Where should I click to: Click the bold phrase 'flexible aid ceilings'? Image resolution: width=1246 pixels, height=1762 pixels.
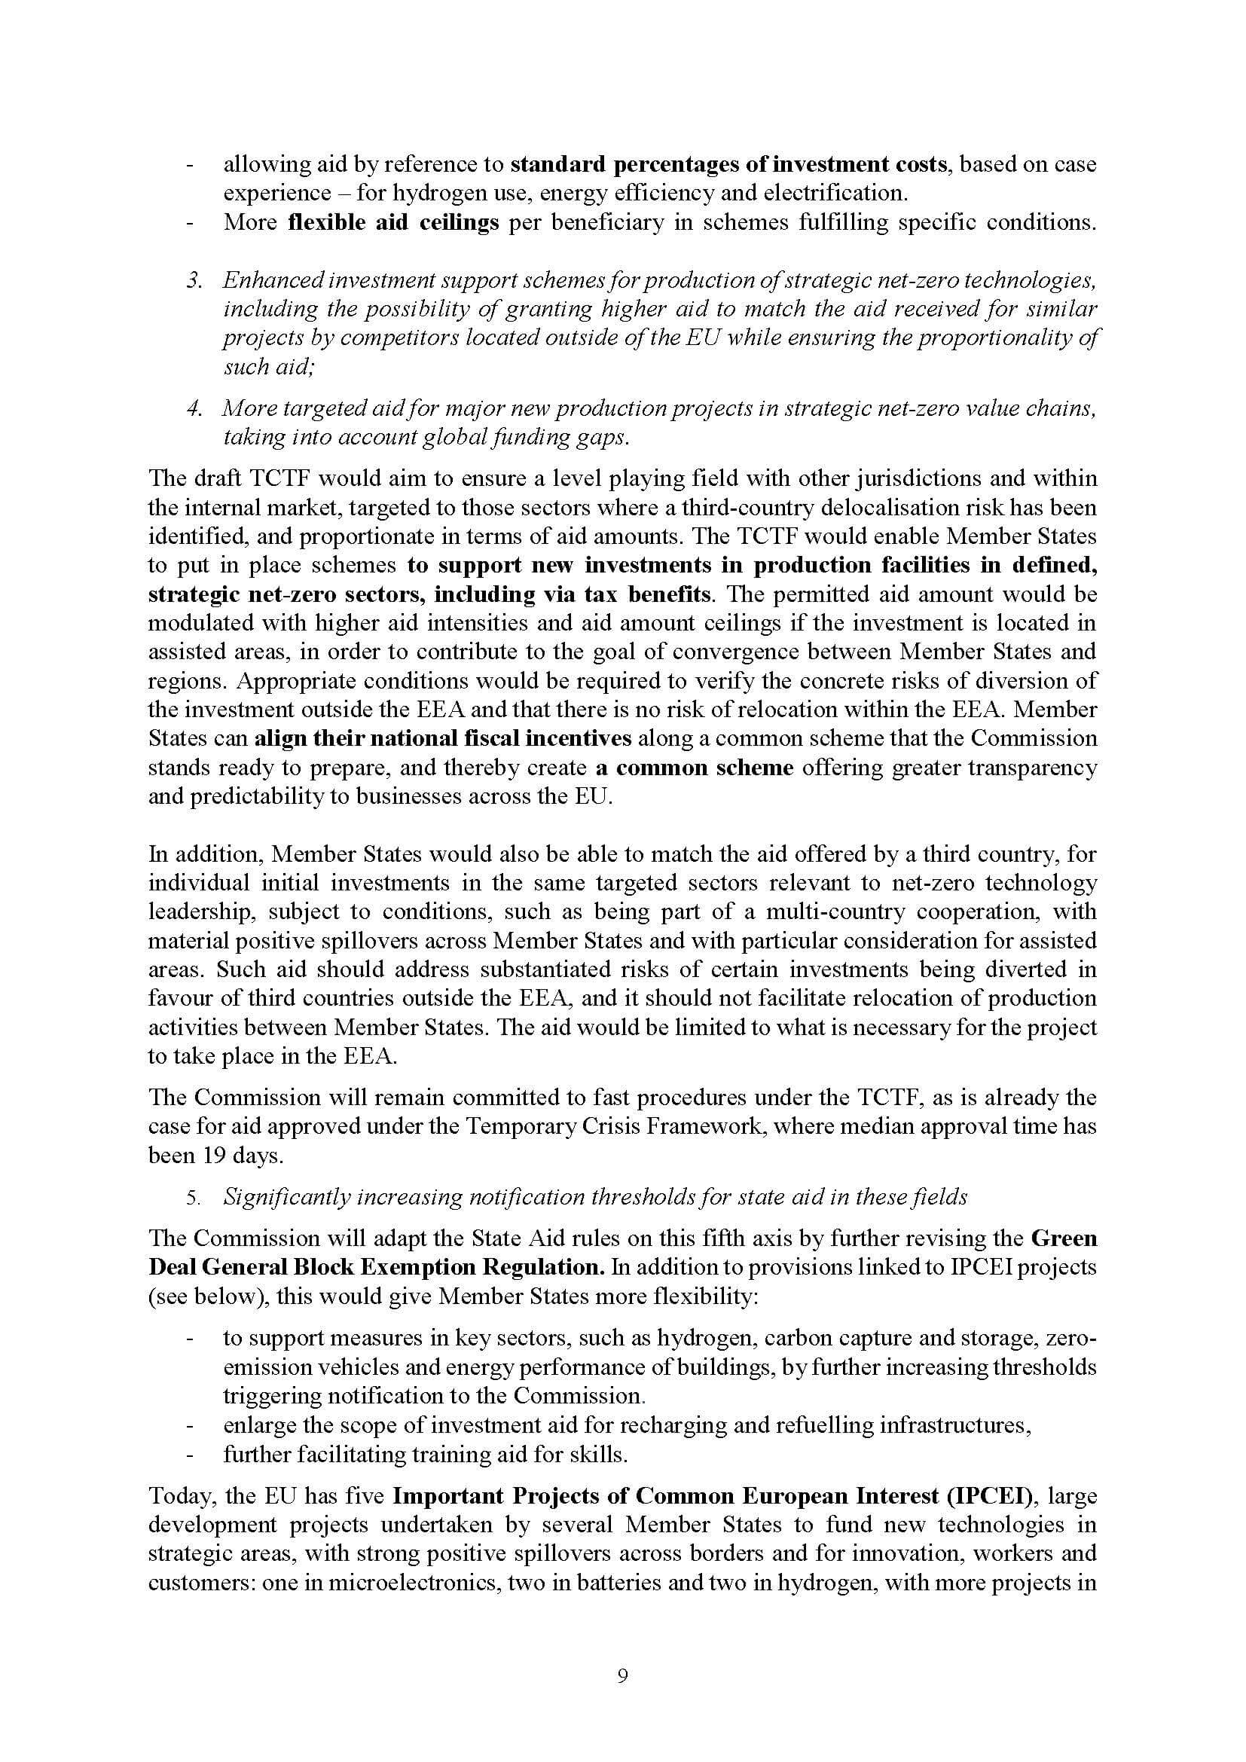[393, 222]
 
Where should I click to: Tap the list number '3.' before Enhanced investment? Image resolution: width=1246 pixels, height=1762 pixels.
[195, 281]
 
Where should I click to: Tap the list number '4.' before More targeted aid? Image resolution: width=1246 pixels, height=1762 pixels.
[195, 409]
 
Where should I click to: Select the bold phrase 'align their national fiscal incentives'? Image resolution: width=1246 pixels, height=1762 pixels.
[443, 738]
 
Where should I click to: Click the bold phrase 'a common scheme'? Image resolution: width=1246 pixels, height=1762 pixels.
[694, 768]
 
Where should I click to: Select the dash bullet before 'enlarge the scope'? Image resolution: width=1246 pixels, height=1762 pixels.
[189, 1425]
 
